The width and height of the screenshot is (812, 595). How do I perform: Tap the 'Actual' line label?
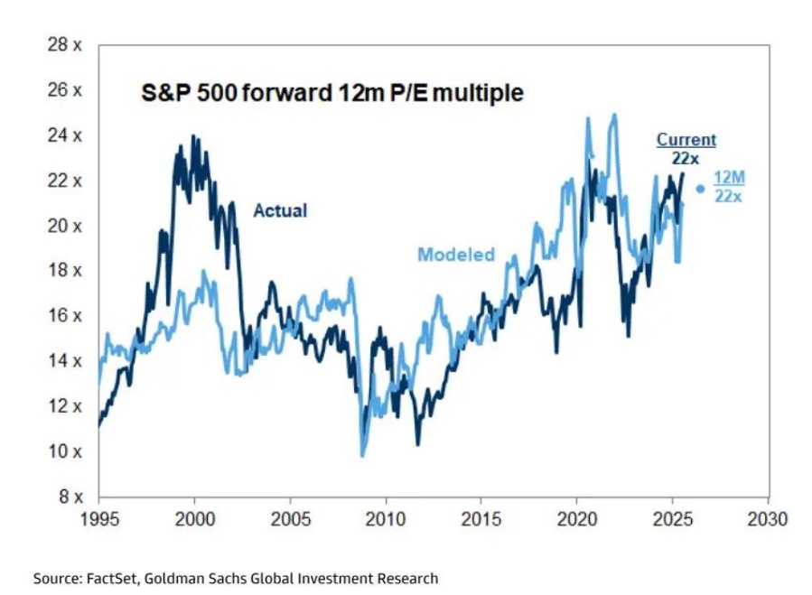[280, 210]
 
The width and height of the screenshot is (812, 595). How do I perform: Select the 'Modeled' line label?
[456, 255]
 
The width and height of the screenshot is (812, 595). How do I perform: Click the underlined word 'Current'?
[686, 140]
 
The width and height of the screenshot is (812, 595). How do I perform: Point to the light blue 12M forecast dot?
[700, 189]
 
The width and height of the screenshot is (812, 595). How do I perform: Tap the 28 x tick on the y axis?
[65, 45]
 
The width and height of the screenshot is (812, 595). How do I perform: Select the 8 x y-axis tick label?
[69, 496]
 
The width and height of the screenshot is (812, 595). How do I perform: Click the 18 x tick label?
[65, 270]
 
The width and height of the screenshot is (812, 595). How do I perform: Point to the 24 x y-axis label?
[65, 135]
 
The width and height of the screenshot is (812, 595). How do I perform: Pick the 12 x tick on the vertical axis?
[65, 405]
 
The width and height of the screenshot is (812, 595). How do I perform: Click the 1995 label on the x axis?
[99, 519]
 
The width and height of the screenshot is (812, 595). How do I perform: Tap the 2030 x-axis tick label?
[769, 519]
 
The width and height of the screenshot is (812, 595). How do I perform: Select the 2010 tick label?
[386, 519]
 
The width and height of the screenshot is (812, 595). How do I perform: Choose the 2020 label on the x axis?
[577, 519]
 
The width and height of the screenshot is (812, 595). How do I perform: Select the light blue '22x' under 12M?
[729, 196]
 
